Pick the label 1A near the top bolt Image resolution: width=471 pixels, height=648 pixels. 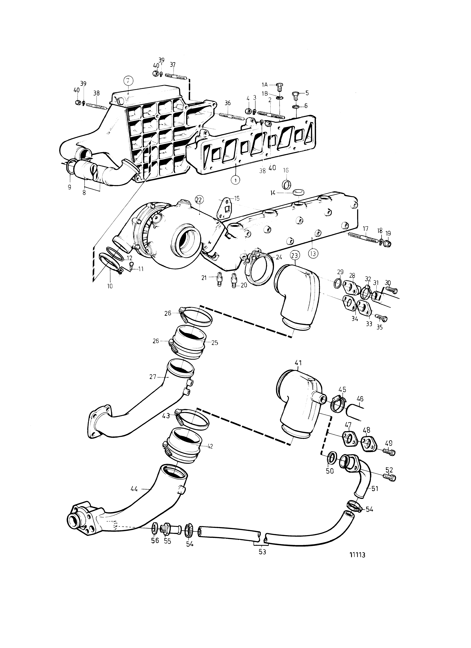[x=265, y=85]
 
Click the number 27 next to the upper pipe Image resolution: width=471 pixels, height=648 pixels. [x=153, y=377]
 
